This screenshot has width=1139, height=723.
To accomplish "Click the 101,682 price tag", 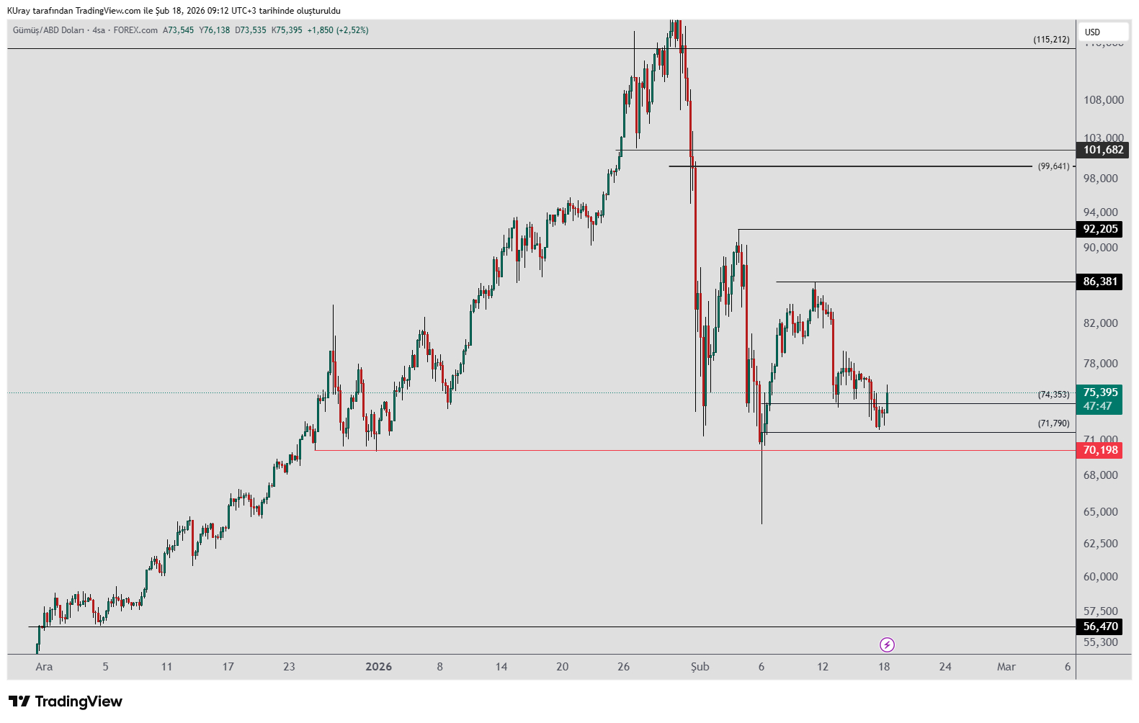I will [x=1102, y=150].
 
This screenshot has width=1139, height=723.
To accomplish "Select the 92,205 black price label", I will [x=1100, y=229].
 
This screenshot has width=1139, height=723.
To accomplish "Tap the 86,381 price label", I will [x=1100, y=282].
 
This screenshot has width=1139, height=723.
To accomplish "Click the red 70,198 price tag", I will [x=1100, y=450].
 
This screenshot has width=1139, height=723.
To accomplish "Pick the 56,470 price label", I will [x=1100, y=627].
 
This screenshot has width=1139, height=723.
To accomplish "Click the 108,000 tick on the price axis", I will [x=1103, y=100].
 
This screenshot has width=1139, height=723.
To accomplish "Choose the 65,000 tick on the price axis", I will [x=1100, y=512].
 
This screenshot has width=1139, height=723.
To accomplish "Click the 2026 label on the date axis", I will [x=378, y=667].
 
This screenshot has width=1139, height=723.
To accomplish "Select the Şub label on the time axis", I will [x=700, y=667].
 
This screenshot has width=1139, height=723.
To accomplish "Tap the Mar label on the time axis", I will [x=1006, y=667].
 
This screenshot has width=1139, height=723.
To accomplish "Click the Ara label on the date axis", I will [x=44, y=667].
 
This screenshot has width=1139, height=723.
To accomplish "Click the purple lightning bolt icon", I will [x=888, y=645].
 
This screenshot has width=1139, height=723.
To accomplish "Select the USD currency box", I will [x=1102, y=32].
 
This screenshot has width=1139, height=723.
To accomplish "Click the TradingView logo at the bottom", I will [x=66, y=701].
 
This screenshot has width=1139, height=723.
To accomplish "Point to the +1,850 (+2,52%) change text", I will [x=338, y=30].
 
